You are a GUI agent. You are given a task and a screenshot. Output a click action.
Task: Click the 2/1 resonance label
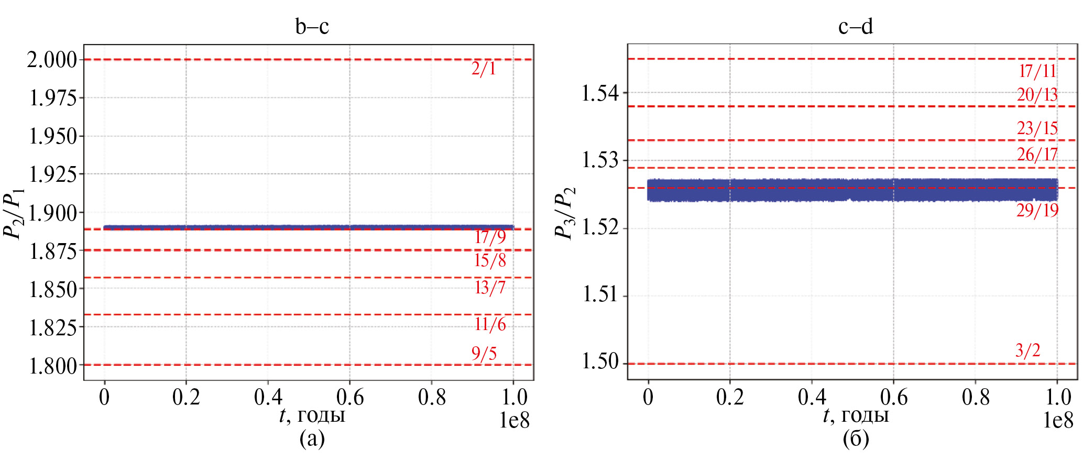483,69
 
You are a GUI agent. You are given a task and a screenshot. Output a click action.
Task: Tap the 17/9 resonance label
490,237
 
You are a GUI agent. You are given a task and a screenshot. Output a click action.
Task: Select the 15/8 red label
490,260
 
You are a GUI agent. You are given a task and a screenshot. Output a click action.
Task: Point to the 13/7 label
490,288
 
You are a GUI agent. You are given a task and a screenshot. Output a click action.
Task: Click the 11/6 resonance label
490,325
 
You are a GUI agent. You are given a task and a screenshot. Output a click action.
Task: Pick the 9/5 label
484,354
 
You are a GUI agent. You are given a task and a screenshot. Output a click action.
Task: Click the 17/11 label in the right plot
1037,71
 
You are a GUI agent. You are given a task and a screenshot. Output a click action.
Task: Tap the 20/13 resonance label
1037,95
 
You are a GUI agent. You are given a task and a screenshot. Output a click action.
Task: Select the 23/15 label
1037,128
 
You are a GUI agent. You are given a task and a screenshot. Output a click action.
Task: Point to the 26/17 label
1037,155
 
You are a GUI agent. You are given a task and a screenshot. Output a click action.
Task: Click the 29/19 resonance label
1037,211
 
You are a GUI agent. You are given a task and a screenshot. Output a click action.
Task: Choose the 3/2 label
1027,351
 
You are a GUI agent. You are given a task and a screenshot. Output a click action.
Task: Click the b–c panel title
312,26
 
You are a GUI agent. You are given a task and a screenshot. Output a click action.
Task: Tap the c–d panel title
855,26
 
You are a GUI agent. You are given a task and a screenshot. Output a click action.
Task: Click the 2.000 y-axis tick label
52,60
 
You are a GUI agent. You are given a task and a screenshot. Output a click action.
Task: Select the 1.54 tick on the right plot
600,93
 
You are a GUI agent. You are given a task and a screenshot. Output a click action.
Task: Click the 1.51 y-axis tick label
600,295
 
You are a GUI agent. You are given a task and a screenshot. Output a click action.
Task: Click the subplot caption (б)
856,438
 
